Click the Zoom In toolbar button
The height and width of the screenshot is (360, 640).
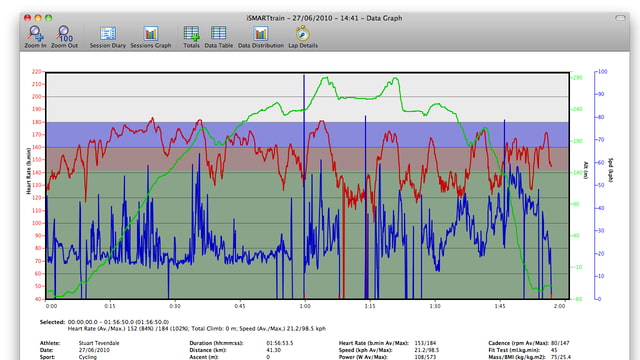pos(37,36)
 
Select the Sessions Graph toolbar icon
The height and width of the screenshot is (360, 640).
pos(151,36)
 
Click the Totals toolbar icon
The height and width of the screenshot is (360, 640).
pos(191,36)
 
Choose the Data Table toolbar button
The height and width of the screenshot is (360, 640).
pos(218,36)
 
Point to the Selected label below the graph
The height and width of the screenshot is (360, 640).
pos(52,322)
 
